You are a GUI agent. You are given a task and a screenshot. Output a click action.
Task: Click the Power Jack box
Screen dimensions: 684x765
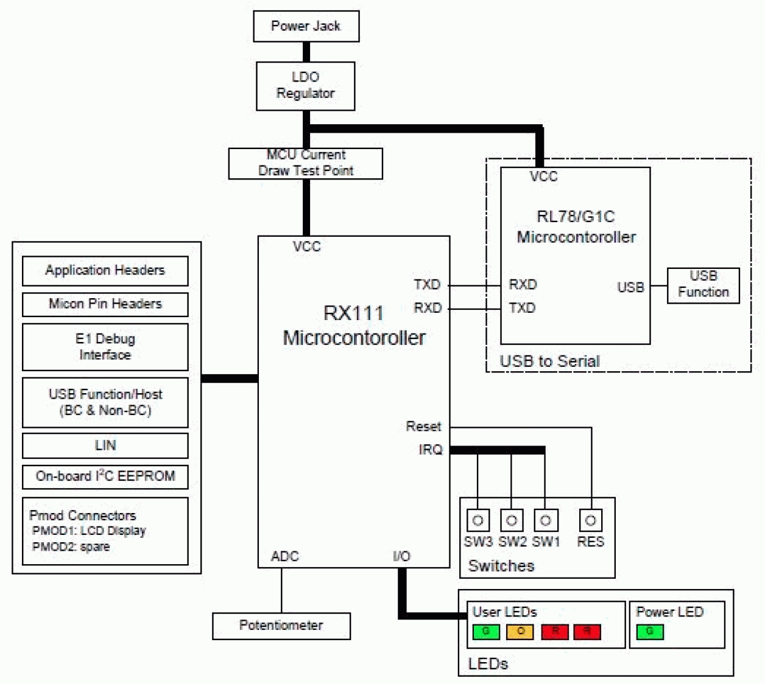[x=306, y=26]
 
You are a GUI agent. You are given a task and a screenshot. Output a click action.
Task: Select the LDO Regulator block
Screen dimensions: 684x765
[x=305, y=86]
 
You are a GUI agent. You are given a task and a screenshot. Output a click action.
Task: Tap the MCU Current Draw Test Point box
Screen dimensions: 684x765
[x=305, y=163]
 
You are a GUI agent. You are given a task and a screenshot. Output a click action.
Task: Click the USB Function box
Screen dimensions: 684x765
[x=703, y=285]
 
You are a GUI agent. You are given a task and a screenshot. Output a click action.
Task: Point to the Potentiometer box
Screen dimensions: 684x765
[x=281, y=626]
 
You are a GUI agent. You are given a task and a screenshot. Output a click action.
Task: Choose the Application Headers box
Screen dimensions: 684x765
[x=105, y=271]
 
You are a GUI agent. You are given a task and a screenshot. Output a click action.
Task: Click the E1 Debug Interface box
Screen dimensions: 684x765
[x=105, y=347]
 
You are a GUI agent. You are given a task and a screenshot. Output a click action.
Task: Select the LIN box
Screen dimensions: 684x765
[x=105, y=445]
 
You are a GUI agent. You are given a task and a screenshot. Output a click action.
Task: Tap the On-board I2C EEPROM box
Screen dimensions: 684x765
[x=105, y=476]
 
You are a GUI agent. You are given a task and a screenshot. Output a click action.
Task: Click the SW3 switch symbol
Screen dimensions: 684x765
[x=478, y=520]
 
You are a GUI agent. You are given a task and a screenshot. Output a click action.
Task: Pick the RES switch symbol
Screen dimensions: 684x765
[x=590, y=520]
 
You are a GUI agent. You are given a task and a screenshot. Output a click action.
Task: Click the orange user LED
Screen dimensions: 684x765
[x=520, y=632]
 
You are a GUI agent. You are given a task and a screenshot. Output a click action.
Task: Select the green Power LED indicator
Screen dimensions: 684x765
[x=650, y=632]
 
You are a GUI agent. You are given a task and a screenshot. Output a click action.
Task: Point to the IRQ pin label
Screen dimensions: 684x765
[x=430, y=450]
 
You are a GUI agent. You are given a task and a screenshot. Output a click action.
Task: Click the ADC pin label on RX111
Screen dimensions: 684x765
[x=284, y=556]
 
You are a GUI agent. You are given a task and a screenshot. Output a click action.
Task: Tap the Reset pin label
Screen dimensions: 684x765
[x=423, y=427]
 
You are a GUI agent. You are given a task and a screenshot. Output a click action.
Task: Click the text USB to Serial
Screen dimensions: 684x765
[x=549, y=361]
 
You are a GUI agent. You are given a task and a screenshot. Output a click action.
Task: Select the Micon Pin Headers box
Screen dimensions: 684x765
[x=105, y=304]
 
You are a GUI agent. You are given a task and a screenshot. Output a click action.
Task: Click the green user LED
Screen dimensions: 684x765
[x=486, y=632]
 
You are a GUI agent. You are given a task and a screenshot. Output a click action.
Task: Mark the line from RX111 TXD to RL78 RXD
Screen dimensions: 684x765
[x=475, y=285]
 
